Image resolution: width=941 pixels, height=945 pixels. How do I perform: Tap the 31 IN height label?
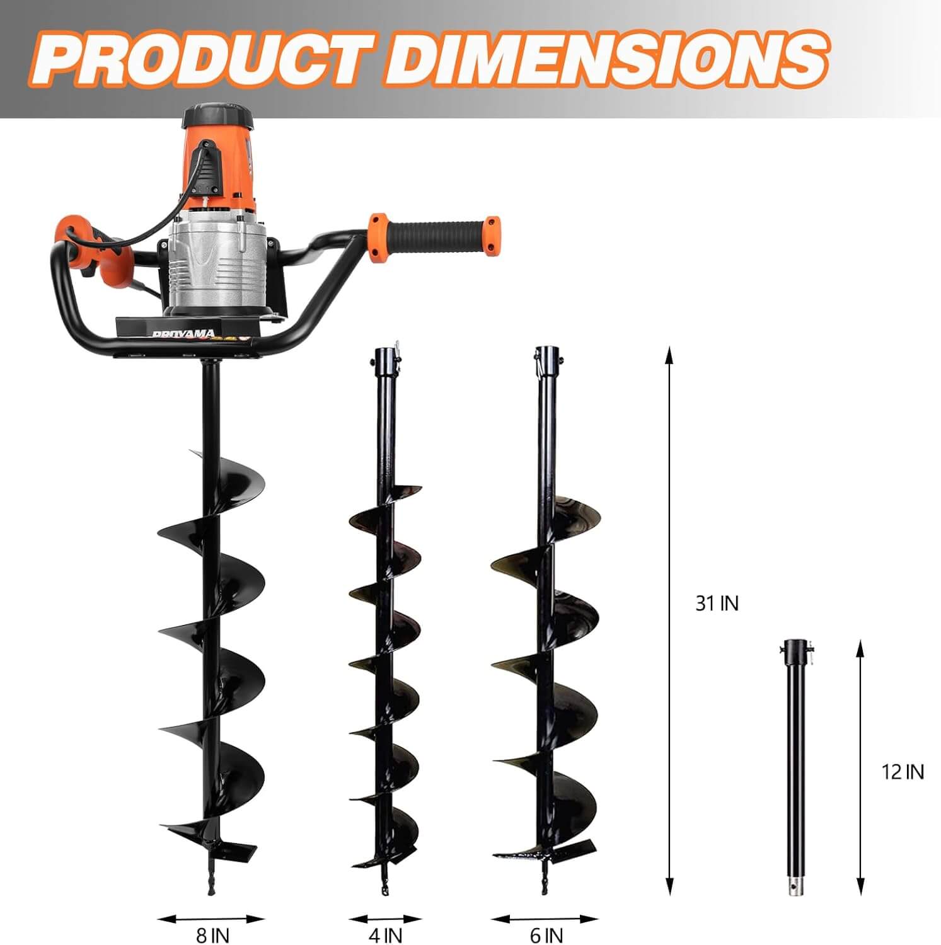717,603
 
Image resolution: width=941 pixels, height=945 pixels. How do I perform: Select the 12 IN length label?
902,771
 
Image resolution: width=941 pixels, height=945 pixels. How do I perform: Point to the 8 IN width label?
212,935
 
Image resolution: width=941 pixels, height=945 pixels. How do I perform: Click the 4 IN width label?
385,935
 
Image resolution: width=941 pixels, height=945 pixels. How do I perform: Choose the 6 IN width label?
546,935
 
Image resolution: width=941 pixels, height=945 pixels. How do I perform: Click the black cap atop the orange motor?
217,117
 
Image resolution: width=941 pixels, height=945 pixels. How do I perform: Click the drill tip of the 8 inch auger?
211,882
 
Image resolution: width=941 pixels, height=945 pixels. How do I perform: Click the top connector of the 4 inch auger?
384,360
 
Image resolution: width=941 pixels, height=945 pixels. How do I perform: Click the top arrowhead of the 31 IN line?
669,354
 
